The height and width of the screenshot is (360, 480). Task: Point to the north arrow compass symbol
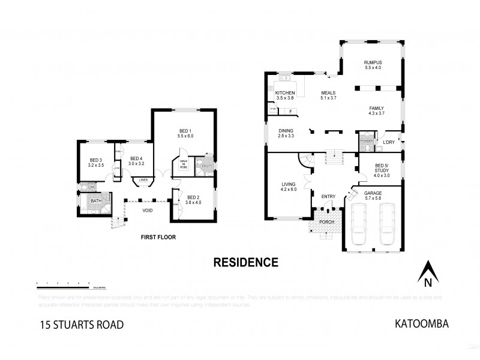pos(427,274)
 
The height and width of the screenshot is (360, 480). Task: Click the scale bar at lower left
pos(63,282)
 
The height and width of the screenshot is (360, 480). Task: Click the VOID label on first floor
pos(147,211)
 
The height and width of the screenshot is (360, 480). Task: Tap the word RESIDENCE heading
pos(246,262)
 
